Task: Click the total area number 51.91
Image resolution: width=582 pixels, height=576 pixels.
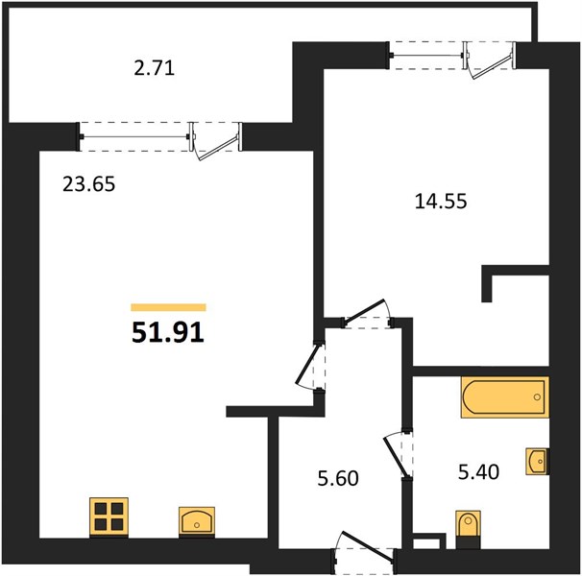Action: pyautogui.click(x=168, y=332)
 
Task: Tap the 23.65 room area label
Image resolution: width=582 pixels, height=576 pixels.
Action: pyautogui.click(x=89, y=184)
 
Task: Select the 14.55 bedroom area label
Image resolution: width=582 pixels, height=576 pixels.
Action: pyautogui.click(x=441, y=202)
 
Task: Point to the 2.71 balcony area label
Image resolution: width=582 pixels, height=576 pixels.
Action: pyautogui.click(x=154, y=69)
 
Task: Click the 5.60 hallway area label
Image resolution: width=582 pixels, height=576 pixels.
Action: pyautogui.click(x=338, y=478)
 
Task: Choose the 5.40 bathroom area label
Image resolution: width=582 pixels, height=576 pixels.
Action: pyautogui.click(x=479, y=472)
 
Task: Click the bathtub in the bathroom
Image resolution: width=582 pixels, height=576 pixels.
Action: pyautogui.click(x=505, y=397)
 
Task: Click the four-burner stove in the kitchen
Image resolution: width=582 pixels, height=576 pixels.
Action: pyautogui.click(x=109, y=517)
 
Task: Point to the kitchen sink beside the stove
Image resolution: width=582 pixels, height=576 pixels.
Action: pyautogui.click(x=197, y=522)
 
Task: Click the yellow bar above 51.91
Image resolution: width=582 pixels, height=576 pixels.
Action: pyautogui.click(x=168, y=307)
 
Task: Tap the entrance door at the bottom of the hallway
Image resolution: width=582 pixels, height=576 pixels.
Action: pyautogui.click(x=364, y=548)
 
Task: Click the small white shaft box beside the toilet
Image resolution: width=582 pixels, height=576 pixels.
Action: pyautogui.click(x=429, y=541)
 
